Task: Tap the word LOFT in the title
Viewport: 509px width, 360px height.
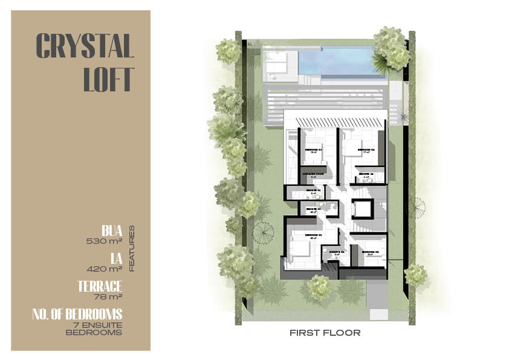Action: (x=108, y=79)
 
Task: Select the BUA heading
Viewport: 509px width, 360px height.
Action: (x=112, y=230)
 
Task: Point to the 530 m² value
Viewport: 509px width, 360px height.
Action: (x=105, y=240)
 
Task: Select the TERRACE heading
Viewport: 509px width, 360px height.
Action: (x=100, y=286)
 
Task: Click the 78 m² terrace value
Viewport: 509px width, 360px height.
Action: (x=109, y=296)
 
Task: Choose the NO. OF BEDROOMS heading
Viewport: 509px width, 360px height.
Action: (x=77, y=313)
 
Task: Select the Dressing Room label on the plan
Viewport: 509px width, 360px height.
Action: (x=313, y=173)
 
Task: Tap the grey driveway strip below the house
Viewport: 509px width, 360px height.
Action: (x=377, y=296)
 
